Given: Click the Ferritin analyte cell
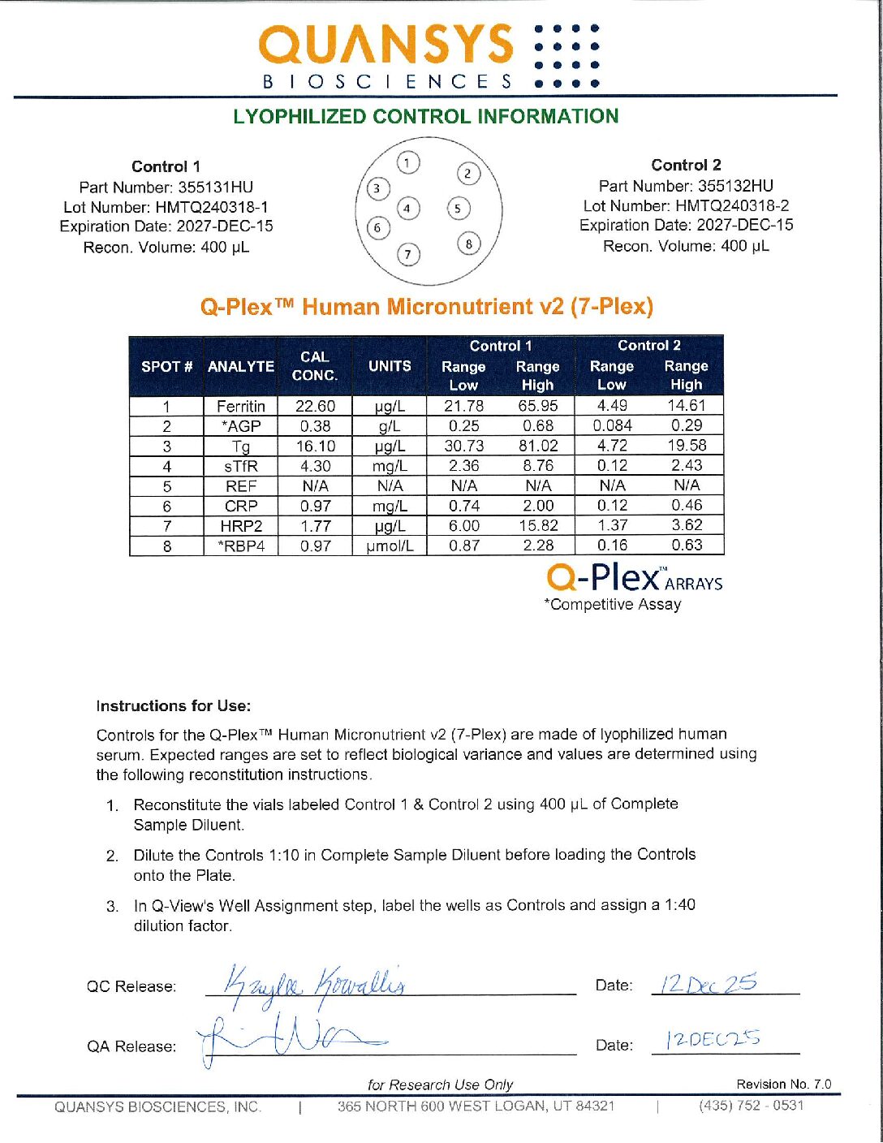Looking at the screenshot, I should pyautogui.click(x=240, y=406).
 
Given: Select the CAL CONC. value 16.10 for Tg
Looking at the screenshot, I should pyautogui.click(x=315, y=446).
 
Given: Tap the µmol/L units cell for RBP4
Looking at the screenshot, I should pyautogui.click(x=390, y=546).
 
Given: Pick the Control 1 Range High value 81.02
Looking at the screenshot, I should pyautogui.click(x=538, y=446).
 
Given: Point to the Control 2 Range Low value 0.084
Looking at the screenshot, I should pyautogui.click(x=612, y=425).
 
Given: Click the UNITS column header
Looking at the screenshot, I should pyautogui.click(x=390, y=366).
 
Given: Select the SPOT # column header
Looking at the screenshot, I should pyautogui.click(x=166, y=366).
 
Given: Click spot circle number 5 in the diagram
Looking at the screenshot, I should pyautogui.click(x=458, y=209).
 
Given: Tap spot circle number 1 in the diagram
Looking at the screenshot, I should pyautogui.click(x=408, y=163).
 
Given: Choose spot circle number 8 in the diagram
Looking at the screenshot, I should pyautogui.click(x=468, y=243).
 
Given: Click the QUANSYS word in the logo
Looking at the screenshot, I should pyautogui.click(x=386, y=45).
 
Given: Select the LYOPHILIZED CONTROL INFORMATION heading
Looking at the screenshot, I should pyautogui.click(x=425, y=116).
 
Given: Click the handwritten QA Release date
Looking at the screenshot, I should pyautogui.click(x=713, y=1040).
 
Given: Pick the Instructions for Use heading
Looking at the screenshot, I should pyautogui.click(x=174, y=706).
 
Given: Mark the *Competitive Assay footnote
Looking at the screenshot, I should pyautogui.click(x=613, y=604).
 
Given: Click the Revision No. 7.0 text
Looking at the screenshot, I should pyautogui.click(x=783, y=1085).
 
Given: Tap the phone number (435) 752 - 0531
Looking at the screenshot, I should pyautogui.click(x=751, y=1106).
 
